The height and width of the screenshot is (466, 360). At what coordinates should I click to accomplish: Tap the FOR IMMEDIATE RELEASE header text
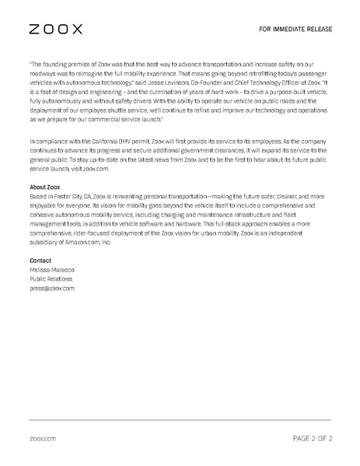point(296,30)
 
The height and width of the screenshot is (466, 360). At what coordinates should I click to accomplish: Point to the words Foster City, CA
point(75,198)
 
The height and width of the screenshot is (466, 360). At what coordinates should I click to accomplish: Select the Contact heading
point(40,260)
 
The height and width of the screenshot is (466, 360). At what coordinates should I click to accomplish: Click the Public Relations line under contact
point(51,278)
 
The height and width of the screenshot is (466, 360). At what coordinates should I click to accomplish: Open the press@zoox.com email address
point(52,287)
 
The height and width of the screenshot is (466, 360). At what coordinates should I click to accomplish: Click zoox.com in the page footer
point(43,439)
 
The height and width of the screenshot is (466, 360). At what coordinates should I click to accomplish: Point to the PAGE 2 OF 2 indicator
point(313,439)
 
